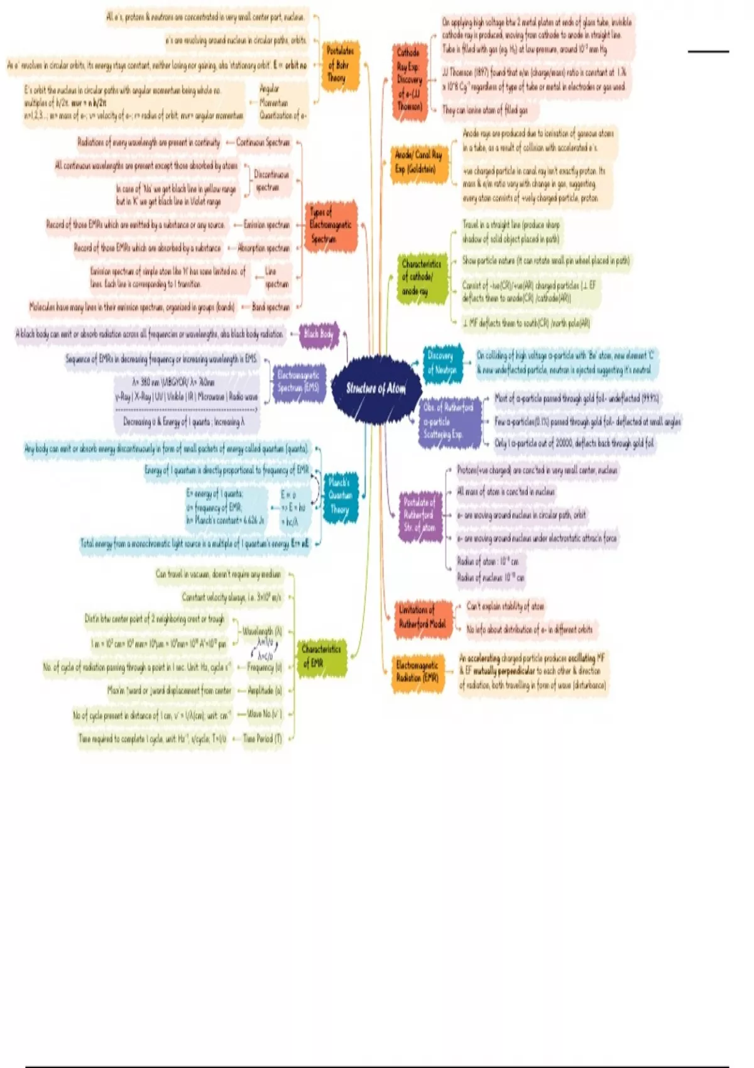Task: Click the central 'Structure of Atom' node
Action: click(x=376, y=388)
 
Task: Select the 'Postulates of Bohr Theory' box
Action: click(x=340, y=65)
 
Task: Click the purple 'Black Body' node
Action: click(x=319, y=334)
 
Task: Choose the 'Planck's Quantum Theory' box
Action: click(x=340, y=496)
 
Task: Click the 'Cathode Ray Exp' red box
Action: click(x=408, y=79)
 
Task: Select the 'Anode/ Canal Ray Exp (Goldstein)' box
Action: click(x=418, y=161)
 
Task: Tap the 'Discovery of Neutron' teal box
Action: click(x=442, y=362)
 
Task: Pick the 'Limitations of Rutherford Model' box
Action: click(x=422, y=617)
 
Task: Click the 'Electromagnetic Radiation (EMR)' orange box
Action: click(x=417, y=671)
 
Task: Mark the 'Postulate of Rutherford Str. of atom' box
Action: click(x=420, y=515)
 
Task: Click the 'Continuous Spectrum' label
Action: click(x=263, y=143)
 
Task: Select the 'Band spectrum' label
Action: click(x=271, y=307)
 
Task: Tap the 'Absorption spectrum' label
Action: click(x=264, y=248)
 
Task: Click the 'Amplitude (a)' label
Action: click(x=265, y=690)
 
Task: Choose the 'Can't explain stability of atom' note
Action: click(x=505, y=606)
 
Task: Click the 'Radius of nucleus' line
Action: click(x=491, y=577)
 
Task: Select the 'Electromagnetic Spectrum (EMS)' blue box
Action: click(x=298, y=381)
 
